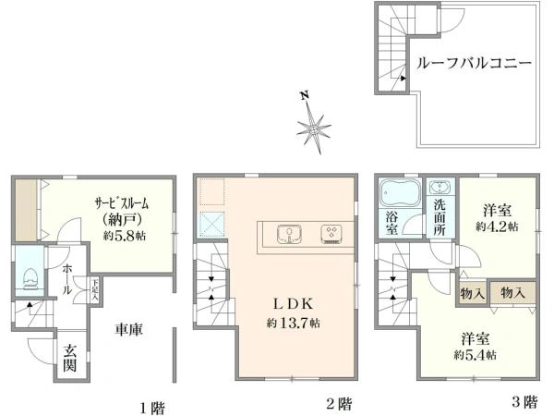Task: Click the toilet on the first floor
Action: pos(30,275)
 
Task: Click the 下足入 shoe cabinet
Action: pos(95,289)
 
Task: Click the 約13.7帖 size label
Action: pos(288,323)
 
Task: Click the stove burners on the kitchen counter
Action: pos(330,233)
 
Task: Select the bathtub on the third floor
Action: pos(400,193)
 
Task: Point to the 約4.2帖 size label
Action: pos(497,226)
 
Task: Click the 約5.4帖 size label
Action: pos(475,355)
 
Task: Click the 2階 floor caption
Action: pos(339,403)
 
